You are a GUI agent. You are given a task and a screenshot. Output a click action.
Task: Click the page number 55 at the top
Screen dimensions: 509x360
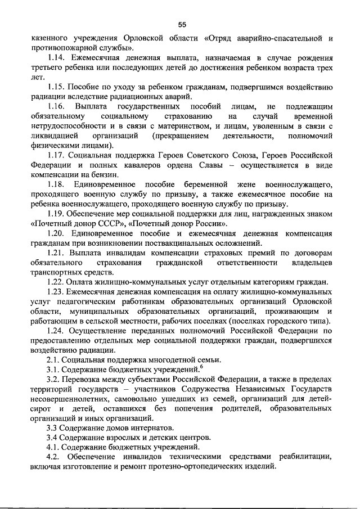pyautogui.click(x=182, y=24)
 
